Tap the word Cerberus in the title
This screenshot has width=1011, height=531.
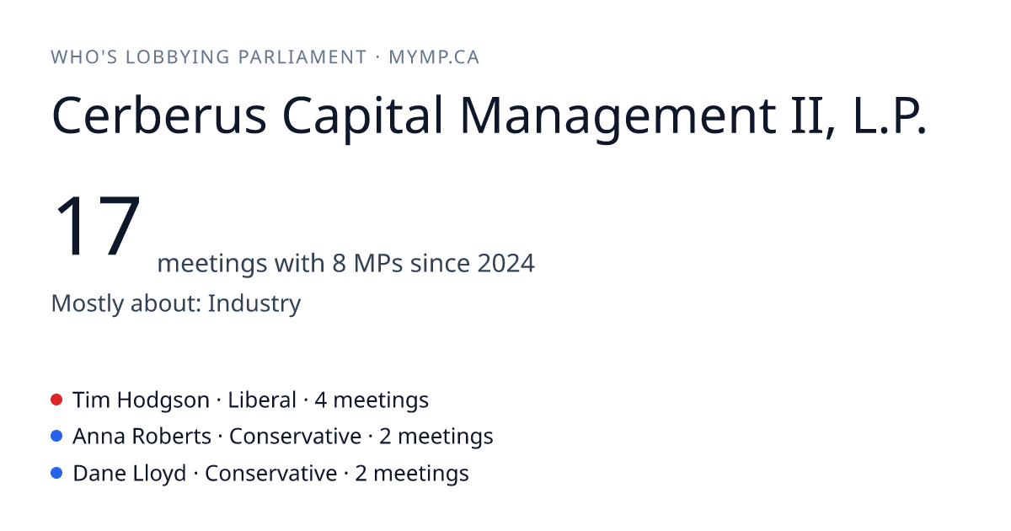pyautogui.click(x=159, y=115)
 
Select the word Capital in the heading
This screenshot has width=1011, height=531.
pyautogui.click(x=362, y=117)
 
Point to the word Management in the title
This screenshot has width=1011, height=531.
pyautogui.click(x=618, y=117)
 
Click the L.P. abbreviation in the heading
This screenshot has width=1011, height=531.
pyautogui.click(x=890, y=115)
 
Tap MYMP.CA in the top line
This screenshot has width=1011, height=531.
pyautogui.click(x=434, y=57)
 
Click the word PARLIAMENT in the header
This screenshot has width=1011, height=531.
pyautogui.click(x=302, y=57)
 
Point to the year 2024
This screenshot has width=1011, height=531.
pyautogui.click(x=506, y=263)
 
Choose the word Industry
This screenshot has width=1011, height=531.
pyautogui.click(x=254, y=304)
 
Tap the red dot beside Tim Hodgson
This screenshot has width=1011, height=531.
pyautogui.click(x=56, y=400)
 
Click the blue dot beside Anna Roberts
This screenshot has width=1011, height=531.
pyautogui.click(x=56, y=437)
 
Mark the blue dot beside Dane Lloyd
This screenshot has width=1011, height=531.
pyautogui.click(x=56, y=473)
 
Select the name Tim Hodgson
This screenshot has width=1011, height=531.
pyautogui.click(x=141, y=400)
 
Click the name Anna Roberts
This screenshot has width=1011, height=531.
pyautogui.click(x=142, y=437)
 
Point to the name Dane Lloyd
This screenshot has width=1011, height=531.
pyautogui.click(x=130, y=474)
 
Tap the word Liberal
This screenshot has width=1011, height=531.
pyautogui.click(x=262, y=400)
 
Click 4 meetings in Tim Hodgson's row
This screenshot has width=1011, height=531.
pyautogui.click(x=372, y=400)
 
